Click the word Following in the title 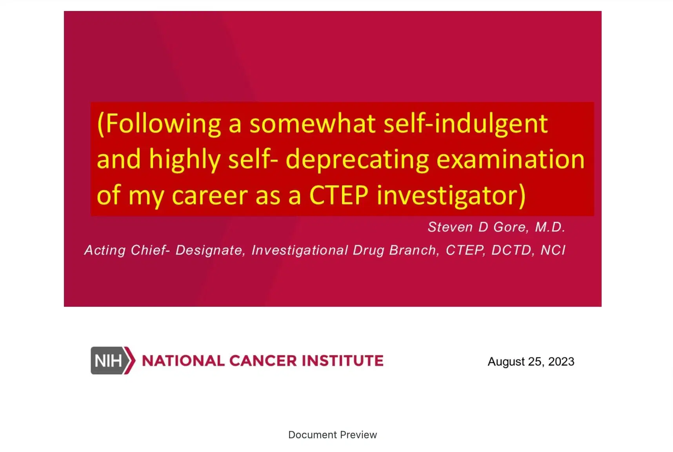click(163, 124)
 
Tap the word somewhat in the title click(313, 124)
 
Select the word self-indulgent click(465, 124)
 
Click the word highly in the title click(185, 160)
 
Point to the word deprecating click(357, 160)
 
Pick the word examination click(510, 160)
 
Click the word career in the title click(210, 195)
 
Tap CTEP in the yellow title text click(339, 195)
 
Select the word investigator click(451, 195)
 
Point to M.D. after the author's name click(550, 227)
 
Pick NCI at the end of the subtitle click(553, 250)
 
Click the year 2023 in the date click(561, 362)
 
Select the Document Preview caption click(332, 435)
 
